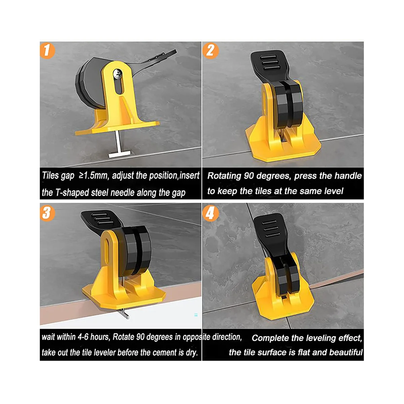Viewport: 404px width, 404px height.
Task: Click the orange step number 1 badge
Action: coord(47,50)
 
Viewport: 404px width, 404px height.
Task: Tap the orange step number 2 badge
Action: coord(210,50)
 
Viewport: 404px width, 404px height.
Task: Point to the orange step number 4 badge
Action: coord(210,214)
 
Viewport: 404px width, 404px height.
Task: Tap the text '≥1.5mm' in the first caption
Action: coord(94,176)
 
